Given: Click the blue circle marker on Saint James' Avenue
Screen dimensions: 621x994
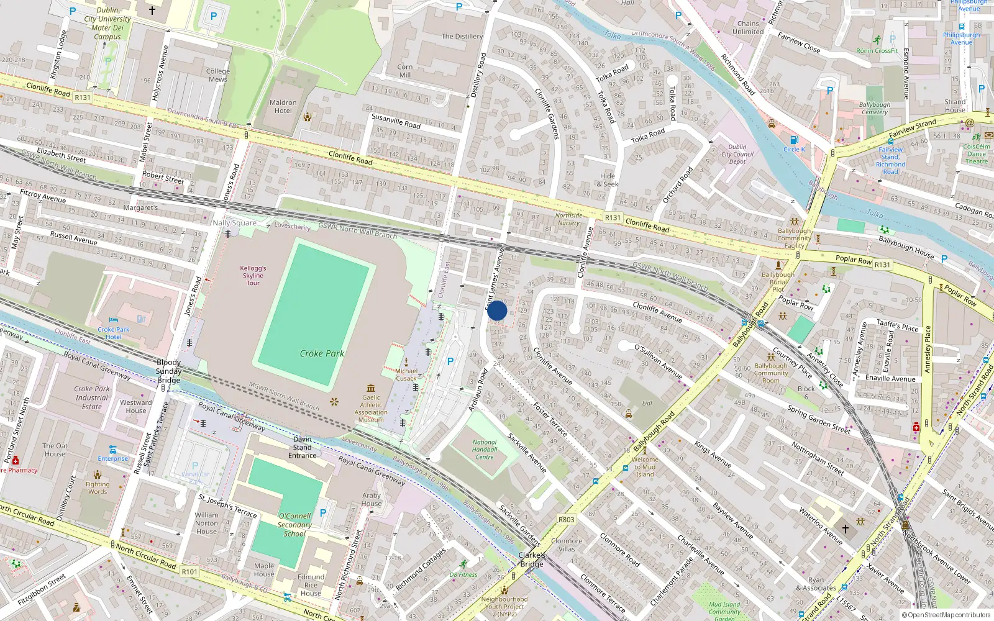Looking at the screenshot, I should click(x=497, y=310).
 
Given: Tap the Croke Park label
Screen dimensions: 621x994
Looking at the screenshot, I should click(x=321, y=353).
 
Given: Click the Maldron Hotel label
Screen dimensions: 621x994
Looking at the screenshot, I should click(x=283, y=107).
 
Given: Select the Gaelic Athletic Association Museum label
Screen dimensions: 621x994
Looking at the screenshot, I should click(x=371, y=409).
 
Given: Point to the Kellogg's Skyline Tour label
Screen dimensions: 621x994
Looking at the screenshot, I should click(x=253, y=276).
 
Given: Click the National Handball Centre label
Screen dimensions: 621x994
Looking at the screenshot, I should click(x=484, y=450).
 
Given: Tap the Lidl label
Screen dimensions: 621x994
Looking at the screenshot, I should click(x=647, y=404).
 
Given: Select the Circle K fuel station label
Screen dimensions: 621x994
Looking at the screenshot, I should click(x=793, y=149).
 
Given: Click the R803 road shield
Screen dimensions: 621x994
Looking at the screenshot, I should click(x=566, y=520).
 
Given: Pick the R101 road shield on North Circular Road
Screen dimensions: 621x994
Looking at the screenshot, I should click(x=189, y=572).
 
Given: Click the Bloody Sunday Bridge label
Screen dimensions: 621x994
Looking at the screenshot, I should click(x=168, y=371).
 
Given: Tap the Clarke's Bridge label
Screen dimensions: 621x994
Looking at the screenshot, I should click(x=532, y=560).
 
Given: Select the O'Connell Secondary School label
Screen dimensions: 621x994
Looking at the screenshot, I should click(x=294, y=525).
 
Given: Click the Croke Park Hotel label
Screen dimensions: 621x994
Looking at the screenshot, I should click(x=113, y=333).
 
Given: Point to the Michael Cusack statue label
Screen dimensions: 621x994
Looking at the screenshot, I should click(x=406, y=374).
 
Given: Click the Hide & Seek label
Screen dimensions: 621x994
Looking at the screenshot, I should click(x=607, y=180).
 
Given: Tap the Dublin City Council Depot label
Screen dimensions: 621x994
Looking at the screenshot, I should click(x=737, y=155).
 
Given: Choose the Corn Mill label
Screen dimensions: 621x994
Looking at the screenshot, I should click(x=404, y=71).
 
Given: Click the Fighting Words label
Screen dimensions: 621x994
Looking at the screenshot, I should click(x=98, y=488).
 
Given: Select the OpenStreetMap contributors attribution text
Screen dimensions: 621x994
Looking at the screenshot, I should click(x=946, y=615).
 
